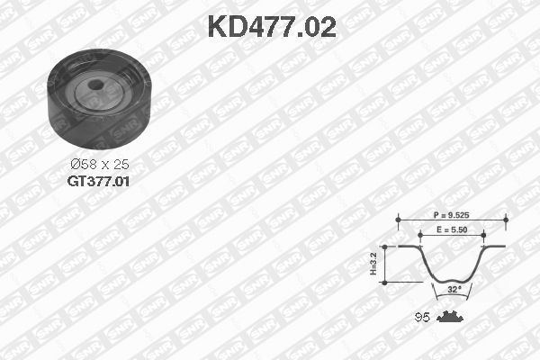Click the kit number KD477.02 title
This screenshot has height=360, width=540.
pyautogui.click(x=271, y=27)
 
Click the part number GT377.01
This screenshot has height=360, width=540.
pyautogui.click(x=99, y=181)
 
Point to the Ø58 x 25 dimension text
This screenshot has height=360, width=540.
pyautogui.click(x=98, y=165)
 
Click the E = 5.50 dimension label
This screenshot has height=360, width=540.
pyautogui.click(x=453, y=230)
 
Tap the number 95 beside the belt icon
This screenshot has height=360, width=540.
pyautogui.click(x=419, y=317)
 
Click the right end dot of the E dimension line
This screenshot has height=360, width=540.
pyautogui.click(x=484, y=236)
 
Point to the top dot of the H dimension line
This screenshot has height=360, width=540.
pyautogui.click(x=384, y=245)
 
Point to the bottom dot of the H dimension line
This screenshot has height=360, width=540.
pyautogui.click(x=384, y=283)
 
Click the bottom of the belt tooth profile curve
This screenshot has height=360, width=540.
pyautogui.click(x=452, y=281)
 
